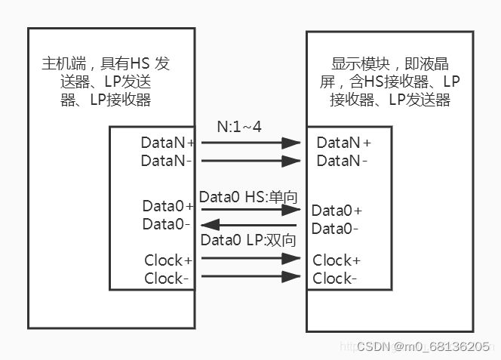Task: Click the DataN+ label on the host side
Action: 167,142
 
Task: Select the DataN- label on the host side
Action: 167,160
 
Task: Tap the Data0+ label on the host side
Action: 168,206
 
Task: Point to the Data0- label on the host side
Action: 167,224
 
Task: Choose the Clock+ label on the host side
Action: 167,260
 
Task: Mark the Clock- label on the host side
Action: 167,278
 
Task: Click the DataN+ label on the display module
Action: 343,142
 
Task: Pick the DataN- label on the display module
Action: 342,160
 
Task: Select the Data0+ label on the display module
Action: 337,211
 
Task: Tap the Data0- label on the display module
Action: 335,229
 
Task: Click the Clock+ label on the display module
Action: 337,260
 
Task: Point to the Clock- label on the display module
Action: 335,278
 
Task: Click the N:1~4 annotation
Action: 239,127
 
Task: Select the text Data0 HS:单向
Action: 248,197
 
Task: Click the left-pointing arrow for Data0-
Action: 248,224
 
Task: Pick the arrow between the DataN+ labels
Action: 248,142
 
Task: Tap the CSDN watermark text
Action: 423,346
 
